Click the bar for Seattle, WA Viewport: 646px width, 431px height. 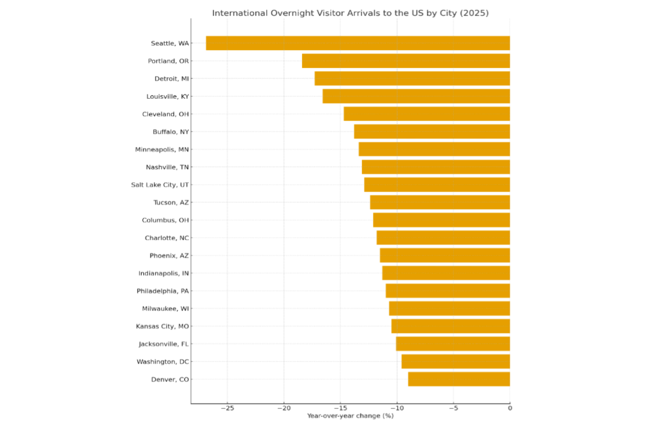[x=358, y=43]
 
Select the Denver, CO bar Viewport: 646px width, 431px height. [x=459, y=379]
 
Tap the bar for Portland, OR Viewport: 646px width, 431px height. [x=406, y=61]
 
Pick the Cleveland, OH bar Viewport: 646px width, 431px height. [x=427, y=114]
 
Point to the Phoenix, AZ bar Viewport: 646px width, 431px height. [x=445, y=255]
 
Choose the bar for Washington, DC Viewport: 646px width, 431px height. [x=455, y=362]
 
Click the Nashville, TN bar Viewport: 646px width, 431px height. [x=436, y=167]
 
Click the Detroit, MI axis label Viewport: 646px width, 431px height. [x=172, y=79]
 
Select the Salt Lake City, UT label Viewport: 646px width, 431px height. [x=160, y=185]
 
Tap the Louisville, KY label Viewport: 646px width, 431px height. [x=167, y=96]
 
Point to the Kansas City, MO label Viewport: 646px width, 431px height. [x=162, y=326]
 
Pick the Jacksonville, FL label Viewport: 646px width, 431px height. [x=164, y=344]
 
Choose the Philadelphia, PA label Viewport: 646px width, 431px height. [x=163, y=291]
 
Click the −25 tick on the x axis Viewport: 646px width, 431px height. [x=227, y=408]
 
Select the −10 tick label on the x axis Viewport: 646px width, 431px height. [x=397, y=408]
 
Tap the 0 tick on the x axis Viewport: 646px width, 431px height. [x=510, y=408]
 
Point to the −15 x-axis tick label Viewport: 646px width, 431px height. [x=340, y=408]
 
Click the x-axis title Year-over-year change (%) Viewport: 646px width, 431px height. [x=350, y=416]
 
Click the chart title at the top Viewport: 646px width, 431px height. [x=350, y=13]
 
